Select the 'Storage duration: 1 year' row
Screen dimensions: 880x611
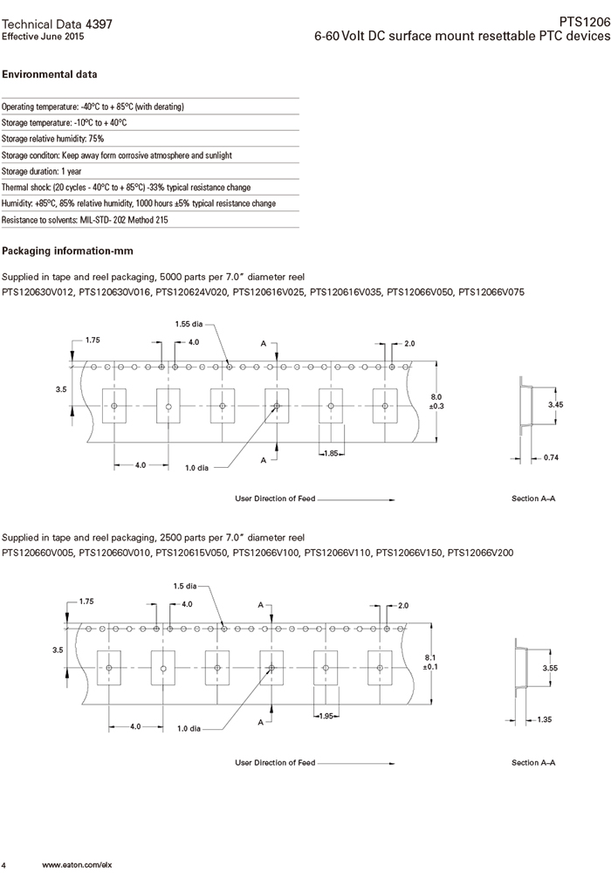42,171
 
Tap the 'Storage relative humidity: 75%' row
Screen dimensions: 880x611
53,139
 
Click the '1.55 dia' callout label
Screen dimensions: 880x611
189,324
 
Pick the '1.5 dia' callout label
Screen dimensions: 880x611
184,586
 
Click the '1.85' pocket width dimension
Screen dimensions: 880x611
330,453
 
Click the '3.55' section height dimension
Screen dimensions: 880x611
551,667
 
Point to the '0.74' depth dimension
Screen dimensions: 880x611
551,457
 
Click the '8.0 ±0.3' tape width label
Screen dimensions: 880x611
437,401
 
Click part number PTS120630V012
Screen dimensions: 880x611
38,292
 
